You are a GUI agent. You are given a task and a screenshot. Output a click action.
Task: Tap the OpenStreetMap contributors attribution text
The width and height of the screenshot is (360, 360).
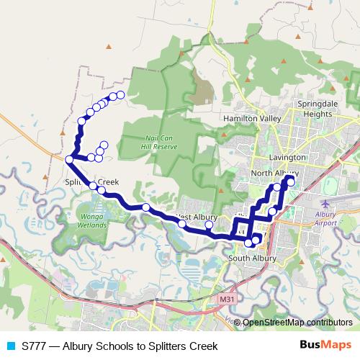297,323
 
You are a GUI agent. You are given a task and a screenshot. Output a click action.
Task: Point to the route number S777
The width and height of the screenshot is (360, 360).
35,346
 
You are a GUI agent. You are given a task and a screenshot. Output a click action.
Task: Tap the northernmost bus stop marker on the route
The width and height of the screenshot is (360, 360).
120,95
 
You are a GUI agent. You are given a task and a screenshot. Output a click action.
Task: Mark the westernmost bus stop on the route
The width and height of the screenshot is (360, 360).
69,159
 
